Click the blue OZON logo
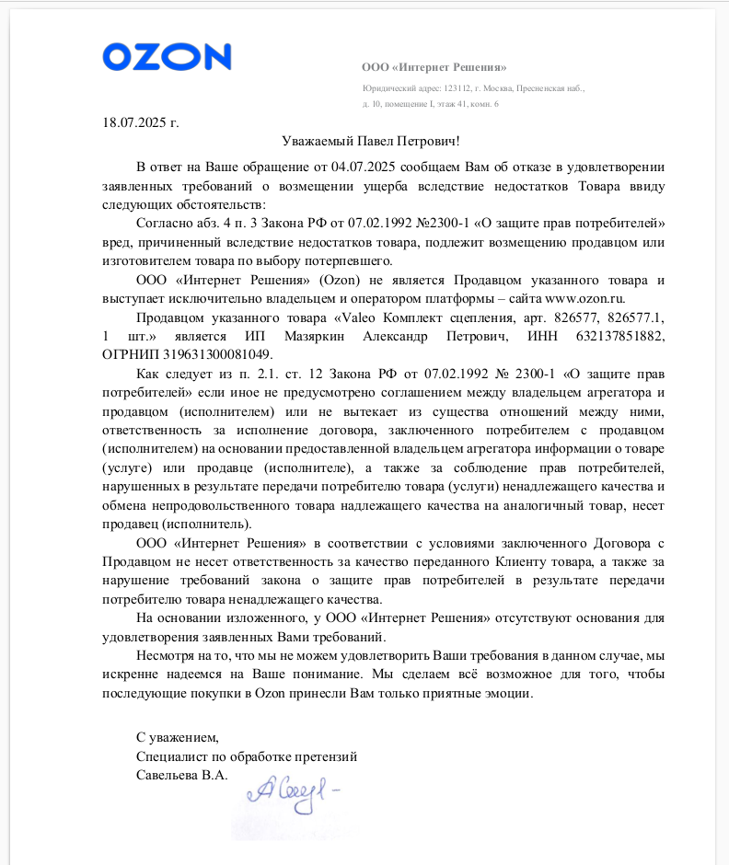(167, 57)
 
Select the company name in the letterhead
(434, 67)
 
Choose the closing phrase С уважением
(178, 737)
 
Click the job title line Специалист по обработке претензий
(246, 756)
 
